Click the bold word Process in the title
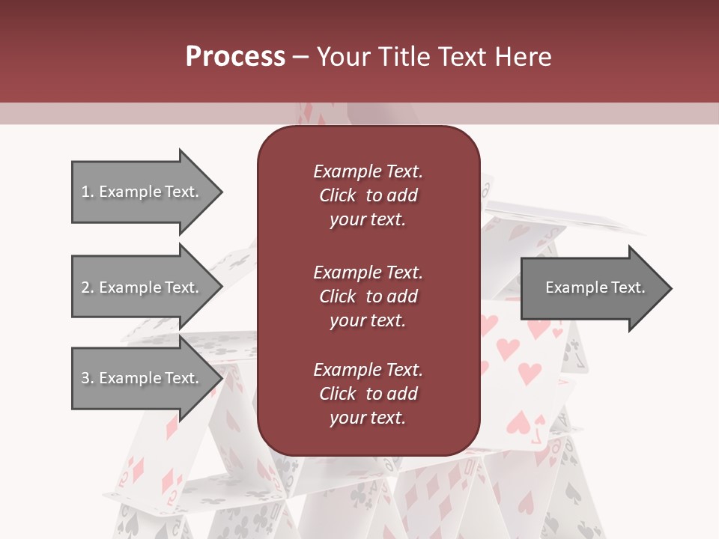(235, 57)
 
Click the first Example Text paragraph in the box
(368, 195)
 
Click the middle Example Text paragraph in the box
(368, 296)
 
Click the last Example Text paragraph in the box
(368, 394)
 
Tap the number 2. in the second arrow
(88, 287)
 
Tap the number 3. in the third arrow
(88, 378)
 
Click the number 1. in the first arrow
(88, 192)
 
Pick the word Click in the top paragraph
(337, 195)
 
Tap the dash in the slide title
(301, 58)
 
